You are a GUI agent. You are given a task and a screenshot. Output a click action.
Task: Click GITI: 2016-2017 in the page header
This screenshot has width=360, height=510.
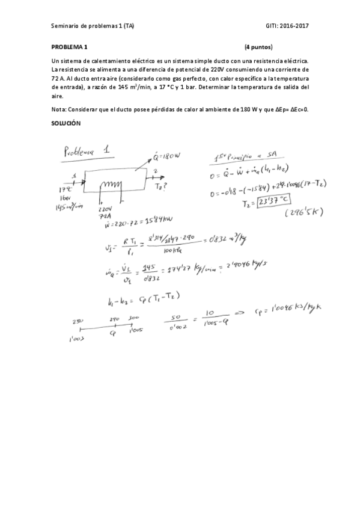(x=287, y=25)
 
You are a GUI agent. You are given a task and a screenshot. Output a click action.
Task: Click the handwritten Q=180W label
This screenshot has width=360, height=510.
(x=165, y=158)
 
